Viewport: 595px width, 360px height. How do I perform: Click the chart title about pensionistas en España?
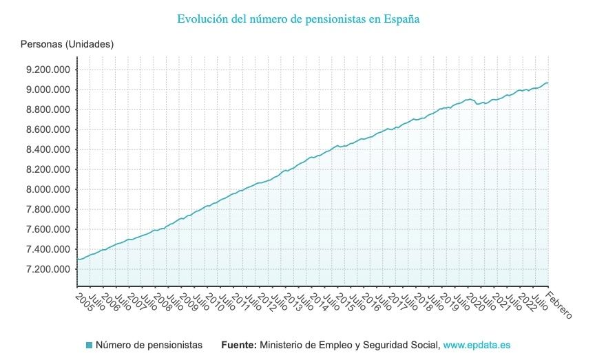pyautogui.click(x=298, y=19)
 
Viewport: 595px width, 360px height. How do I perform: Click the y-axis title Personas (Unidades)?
pyautogui.click(x=67, y=44)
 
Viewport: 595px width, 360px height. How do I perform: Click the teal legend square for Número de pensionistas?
pyautogui.click(x=89, y=345)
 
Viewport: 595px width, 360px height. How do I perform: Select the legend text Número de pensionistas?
pyautogui.click(x=149, y=345)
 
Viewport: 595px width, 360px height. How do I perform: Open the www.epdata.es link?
pyautogui.click(x=477, y=345)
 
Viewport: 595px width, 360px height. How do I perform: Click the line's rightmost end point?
pyautogui.click(x=548, y=83)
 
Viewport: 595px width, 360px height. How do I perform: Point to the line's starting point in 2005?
pyautogui.click(x=78, y=260)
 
